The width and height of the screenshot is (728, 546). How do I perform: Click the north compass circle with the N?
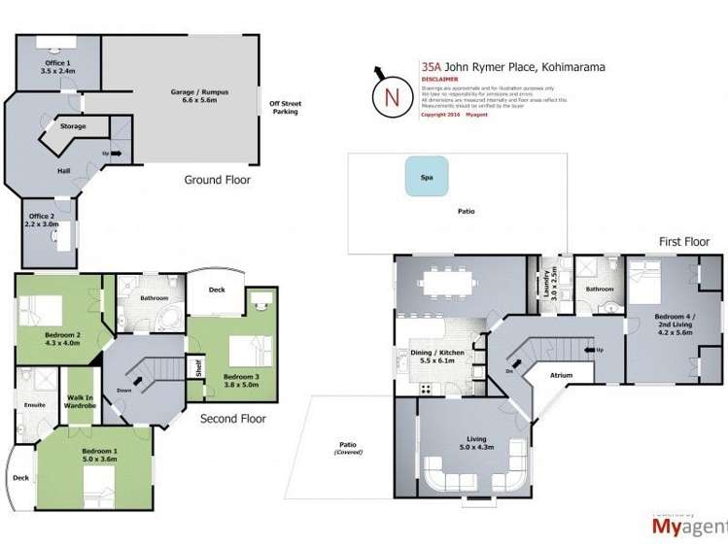pyautogui.click(x=391, y=96)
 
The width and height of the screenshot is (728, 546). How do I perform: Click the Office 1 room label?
pyautogui.click(x=56, y=66)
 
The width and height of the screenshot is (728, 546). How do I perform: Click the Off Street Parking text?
pyautogui.click(x=285, y=107)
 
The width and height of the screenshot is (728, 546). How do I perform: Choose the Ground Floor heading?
pyautogui.click(x=218, y=180)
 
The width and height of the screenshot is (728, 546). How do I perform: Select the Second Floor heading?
pyautogui.click(x=232, y=419)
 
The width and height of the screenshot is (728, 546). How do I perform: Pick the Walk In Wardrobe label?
pyautogui.click(x=80, y=399)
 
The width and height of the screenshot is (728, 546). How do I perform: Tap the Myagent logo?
pyautogui.click(x=684, y=528)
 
